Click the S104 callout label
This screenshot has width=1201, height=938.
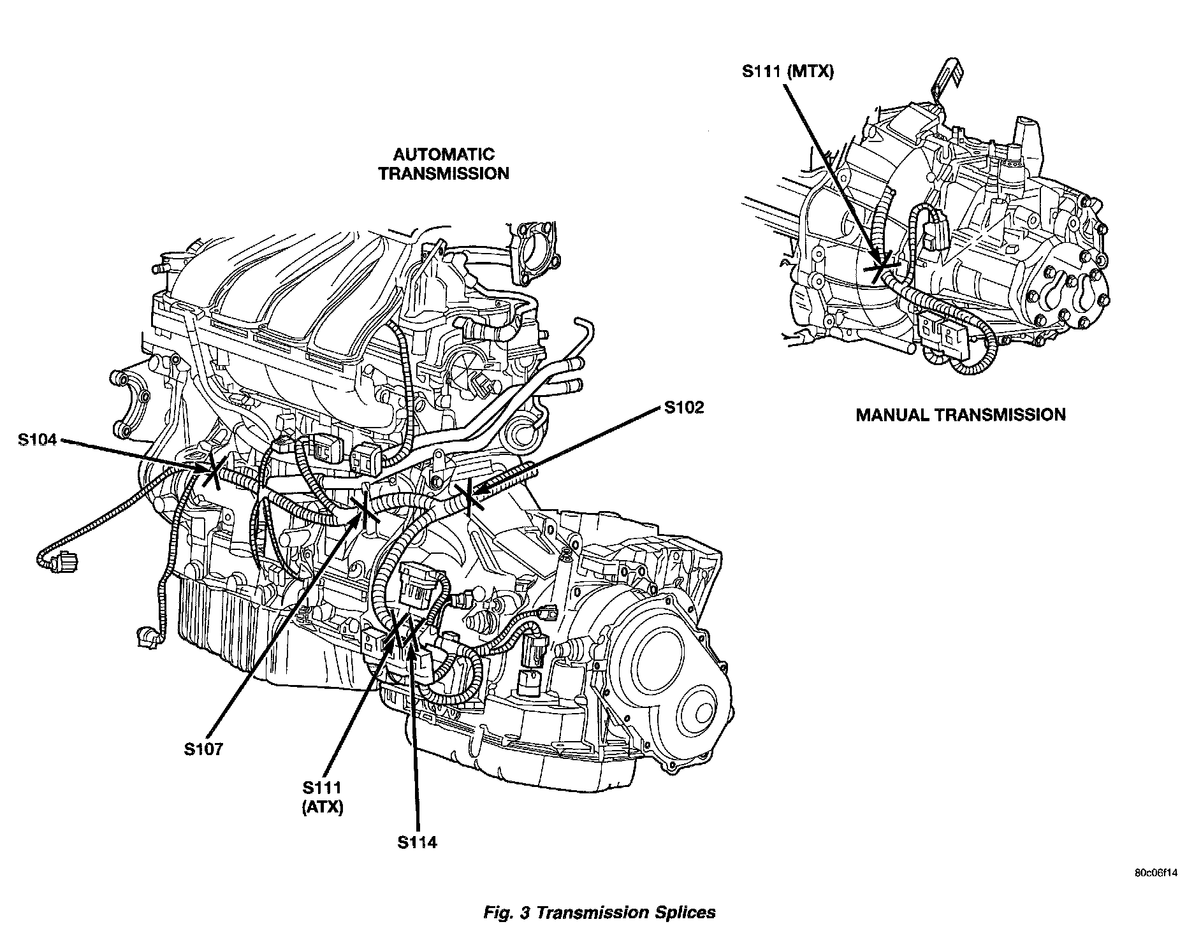click(38, 439)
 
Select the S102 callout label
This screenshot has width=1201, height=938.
click(683, 407)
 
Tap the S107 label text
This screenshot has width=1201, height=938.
click(203, 749)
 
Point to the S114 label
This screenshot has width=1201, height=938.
click(417, 842)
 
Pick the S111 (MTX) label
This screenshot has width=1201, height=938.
click(787, 72)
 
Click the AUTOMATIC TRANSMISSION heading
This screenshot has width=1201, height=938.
click(444, 164)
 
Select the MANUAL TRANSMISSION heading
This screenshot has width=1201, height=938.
click(960, 415)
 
